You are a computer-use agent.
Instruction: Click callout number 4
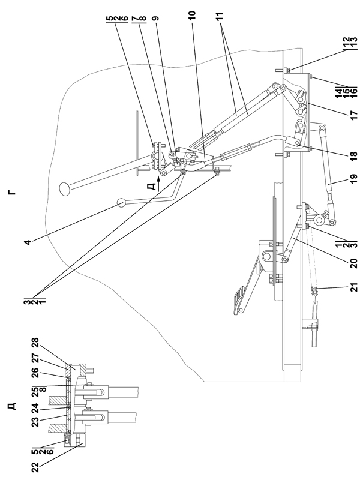[x=28, y=242]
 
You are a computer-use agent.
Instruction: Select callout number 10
[x=193, y=14]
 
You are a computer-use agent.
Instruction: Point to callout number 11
[x=219, y=16]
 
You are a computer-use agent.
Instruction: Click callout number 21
[x=353, y=287]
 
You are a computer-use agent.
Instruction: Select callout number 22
[x=35, y=466]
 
